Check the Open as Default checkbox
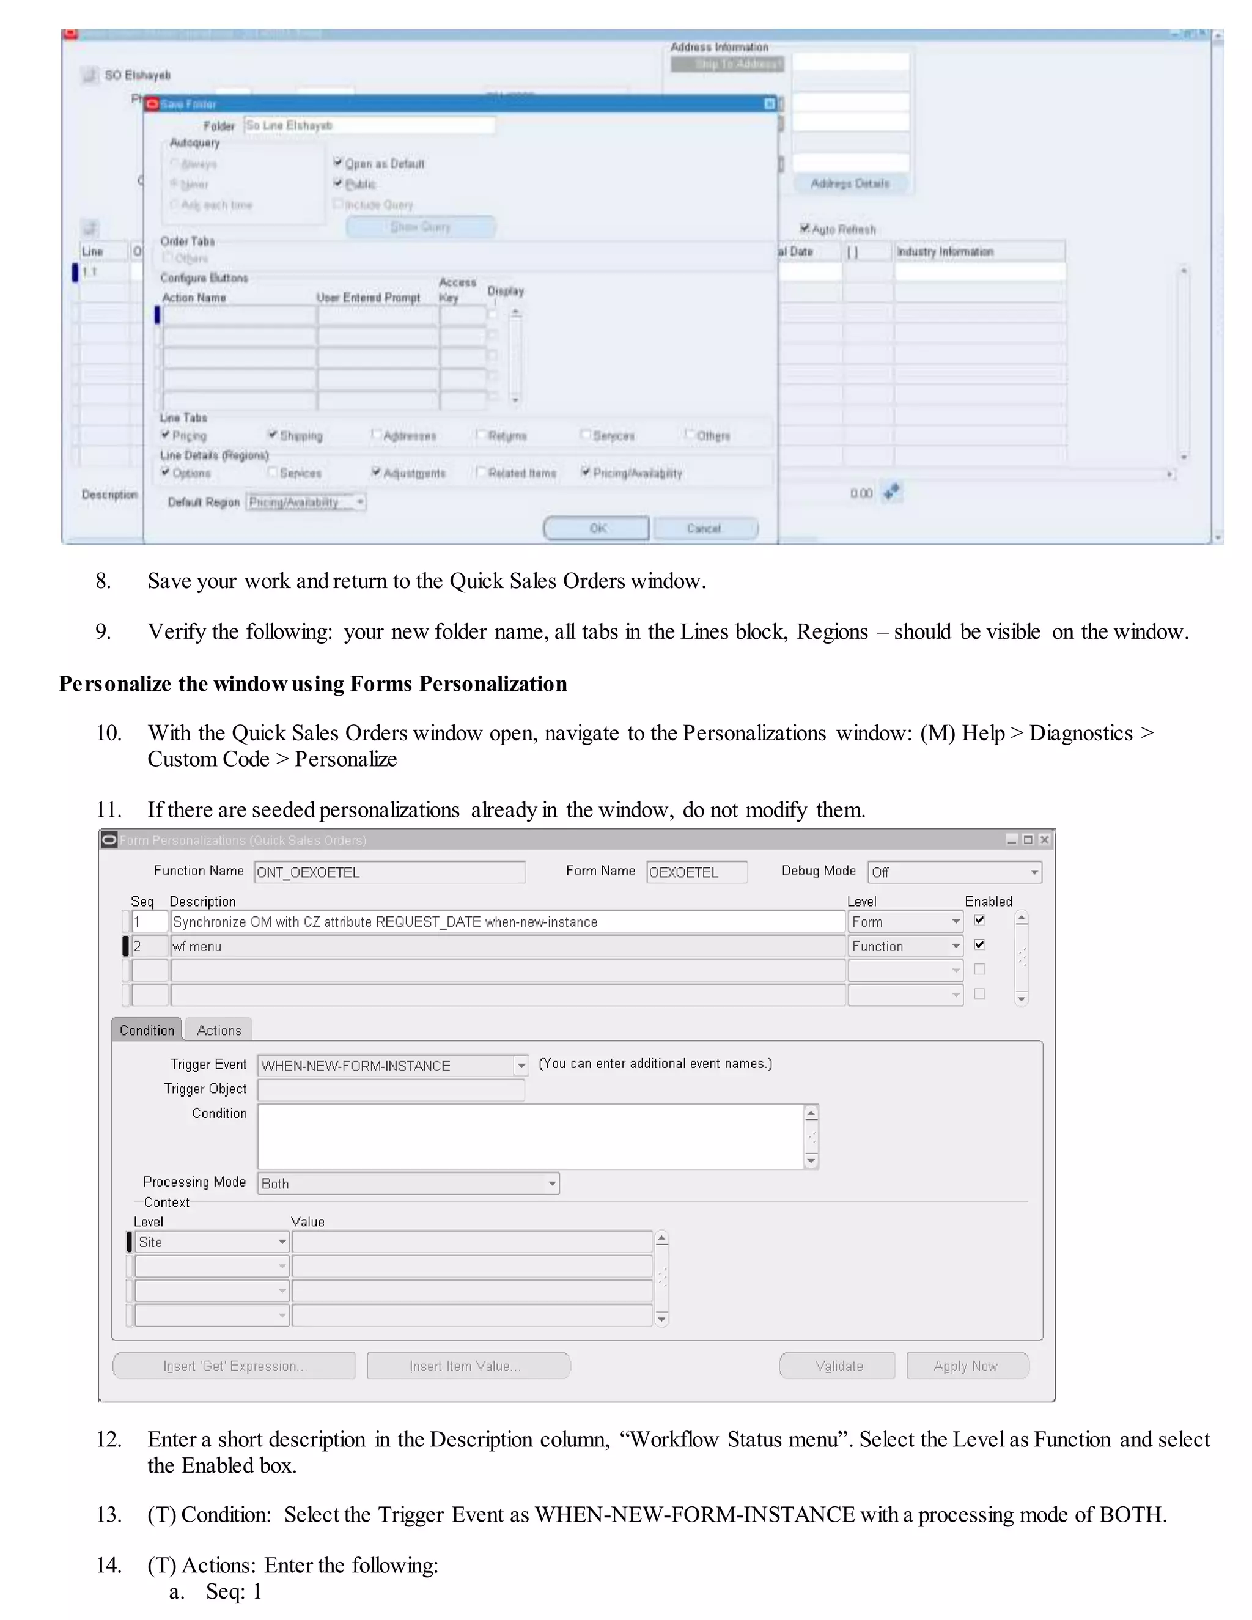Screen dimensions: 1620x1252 [x=338, y=163]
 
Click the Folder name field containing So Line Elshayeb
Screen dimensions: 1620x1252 [x=369, y=125]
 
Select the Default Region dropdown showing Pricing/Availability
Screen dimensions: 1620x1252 [x=306, y=502]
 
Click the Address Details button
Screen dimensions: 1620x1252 [x=850, y=183]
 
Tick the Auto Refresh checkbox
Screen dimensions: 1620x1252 [x=805, y=229]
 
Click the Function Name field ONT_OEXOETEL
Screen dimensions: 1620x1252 [x=389, y=872]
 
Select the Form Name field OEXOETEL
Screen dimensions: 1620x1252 [x=696, y=872]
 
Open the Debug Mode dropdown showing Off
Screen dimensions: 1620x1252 [x=954, y=872]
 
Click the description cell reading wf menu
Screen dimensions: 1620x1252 [x=507, y=946]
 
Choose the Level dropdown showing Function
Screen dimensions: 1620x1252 [x=905, y=946]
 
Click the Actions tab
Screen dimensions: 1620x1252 [x=219, y=1030]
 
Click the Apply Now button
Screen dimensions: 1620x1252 [x=967, y=1366]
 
